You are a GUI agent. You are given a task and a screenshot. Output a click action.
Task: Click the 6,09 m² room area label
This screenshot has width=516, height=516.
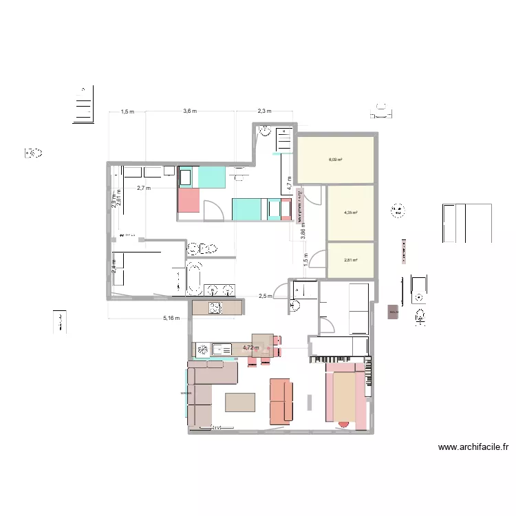pos(336,160)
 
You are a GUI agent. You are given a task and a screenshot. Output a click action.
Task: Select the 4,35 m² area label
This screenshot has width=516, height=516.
pos(350,213)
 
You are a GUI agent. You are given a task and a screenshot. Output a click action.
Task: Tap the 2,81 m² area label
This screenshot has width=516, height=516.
pos(350,260)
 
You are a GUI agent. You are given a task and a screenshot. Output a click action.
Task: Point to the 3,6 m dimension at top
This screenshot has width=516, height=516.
pos(190,111)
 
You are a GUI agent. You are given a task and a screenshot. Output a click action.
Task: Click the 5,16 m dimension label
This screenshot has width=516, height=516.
pos(171,318)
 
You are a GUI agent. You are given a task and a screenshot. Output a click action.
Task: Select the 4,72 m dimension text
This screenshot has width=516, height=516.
pos(250,348)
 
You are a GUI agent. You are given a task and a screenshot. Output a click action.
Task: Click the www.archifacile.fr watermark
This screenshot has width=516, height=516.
pos(473,447)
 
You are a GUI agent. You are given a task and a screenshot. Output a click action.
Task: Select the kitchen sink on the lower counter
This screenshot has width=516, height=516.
pos(222,350)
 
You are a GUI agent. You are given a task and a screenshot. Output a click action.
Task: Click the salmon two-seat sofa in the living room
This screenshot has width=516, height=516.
pos(281,400)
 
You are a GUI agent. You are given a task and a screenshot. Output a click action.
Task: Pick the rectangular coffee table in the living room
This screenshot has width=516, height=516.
pos(239,402)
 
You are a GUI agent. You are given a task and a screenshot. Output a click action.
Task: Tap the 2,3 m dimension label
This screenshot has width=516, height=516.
pos(264,111)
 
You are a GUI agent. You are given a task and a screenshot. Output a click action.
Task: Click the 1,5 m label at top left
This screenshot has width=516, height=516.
pos(127,111)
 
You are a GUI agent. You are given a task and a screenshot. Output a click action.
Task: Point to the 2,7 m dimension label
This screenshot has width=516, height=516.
pos(144,187)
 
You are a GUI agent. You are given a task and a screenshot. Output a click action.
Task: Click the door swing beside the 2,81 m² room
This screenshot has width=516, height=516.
pos(317,259)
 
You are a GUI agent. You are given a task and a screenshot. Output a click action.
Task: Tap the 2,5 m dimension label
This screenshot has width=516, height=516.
pos(265,297)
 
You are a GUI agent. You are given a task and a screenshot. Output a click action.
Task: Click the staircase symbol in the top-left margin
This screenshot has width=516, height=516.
pos(83,107)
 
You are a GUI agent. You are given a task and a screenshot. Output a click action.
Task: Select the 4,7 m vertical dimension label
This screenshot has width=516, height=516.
pos(290,182)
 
